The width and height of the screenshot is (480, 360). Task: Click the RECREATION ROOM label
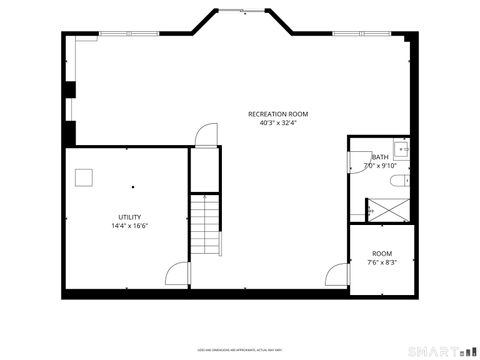coord(278,114)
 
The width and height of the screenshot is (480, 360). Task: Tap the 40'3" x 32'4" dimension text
coord(278,124)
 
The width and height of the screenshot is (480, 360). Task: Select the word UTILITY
coord(130,217)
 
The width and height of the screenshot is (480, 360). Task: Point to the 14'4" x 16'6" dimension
coord(130,226)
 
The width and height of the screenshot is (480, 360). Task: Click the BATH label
coord(380,157)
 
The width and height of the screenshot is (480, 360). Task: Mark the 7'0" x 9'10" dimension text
coord(380,166)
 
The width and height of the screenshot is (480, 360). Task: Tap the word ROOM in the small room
coord(382,254)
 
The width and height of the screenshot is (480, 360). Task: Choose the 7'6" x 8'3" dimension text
coord(382,263)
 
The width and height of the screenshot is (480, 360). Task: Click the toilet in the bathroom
coord(398,181)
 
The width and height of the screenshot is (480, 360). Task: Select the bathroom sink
coord(401,150)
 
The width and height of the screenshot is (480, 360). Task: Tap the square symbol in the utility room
coord(85,177)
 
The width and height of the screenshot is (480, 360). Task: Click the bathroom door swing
coord(357,157)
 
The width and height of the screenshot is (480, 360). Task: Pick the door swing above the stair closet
coord(204,135)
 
